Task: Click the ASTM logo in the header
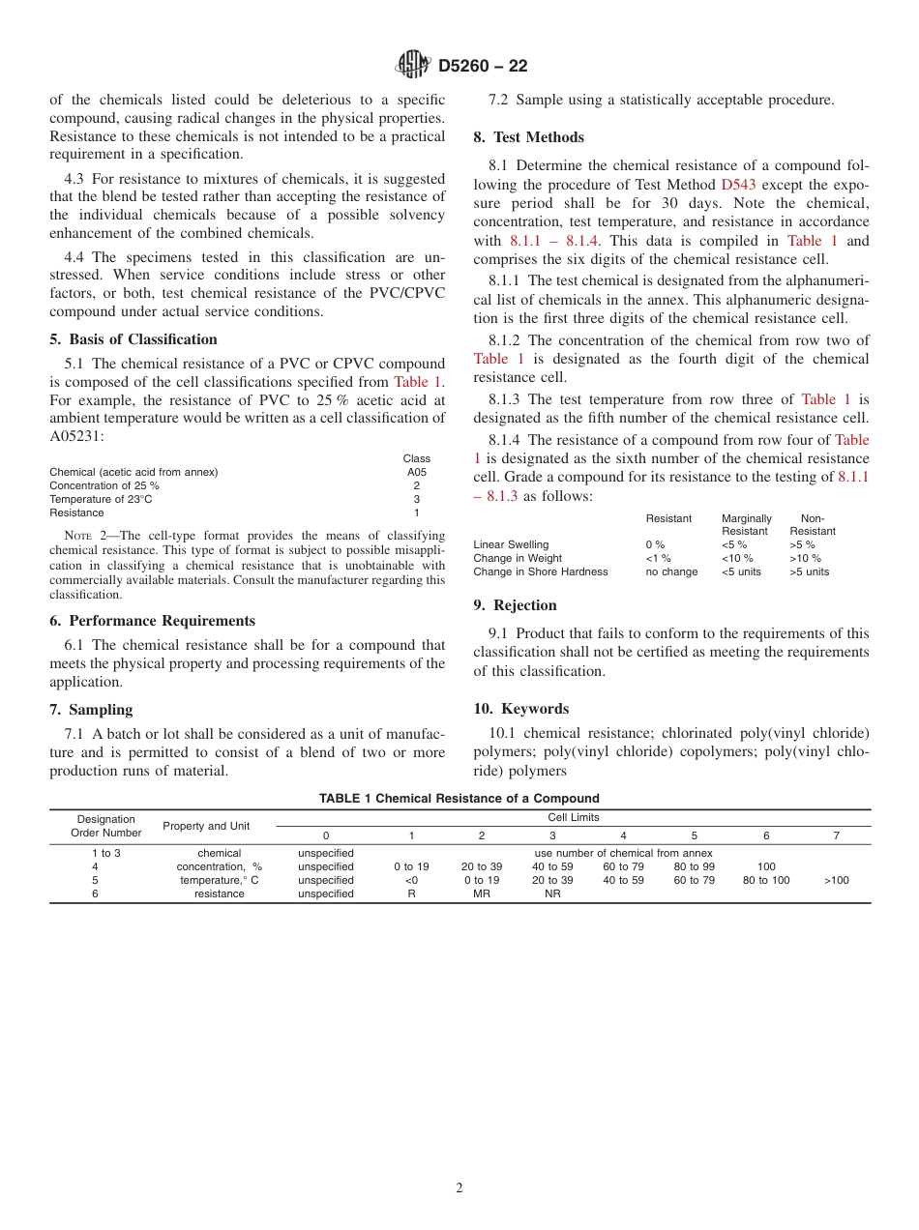(x=414, y=66)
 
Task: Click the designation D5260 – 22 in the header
(x=483, y=67)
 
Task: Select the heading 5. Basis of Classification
(x=133, y=339)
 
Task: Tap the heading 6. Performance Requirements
(x=153, y=621)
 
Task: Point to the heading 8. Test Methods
(x=528, y=137)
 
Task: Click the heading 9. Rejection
(x=515, y=605)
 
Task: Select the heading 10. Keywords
(x=520, y=709)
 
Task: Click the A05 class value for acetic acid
(x=416, y=473)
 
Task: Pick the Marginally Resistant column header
(x=746, y=525)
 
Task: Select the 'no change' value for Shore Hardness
(x=671, y=571)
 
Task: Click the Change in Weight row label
(x=518, y=558)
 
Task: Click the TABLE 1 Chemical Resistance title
(x=459, y=799)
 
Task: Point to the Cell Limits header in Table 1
(x=573, y=817)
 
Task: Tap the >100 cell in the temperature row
(x=837, y=880)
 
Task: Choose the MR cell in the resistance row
(x=482, y=893)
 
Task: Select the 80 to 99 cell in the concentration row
(x=695, y=866)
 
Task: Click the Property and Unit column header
(x=206, y=826)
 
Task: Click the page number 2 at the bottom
(x=459, y=1188)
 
